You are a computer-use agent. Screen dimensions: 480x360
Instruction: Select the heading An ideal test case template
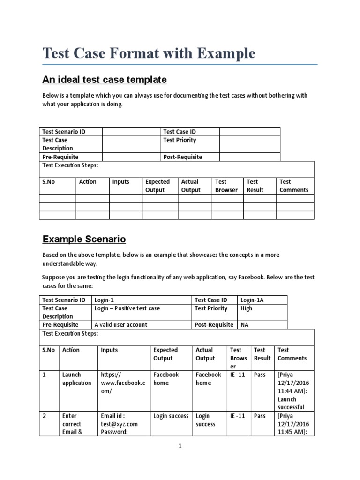105,79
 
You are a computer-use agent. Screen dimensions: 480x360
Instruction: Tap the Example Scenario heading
84,239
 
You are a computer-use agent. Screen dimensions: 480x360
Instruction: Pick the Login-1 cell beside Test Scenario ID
104,300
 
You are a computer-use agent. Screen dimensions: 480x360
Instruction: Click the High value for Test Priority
246,308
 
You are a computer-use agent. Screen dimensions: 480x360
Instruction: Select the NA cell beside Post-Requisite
245,325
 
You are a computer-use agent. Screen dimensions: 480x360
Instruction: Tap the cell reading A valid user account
120,325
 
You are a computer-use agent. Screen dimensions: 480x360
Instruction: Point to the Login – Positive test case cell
127,308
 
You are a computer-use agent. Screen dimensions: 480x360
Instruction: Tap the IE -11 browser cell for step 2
238,416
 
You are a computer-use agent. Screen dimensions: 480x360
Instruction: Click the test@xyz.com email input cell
119,424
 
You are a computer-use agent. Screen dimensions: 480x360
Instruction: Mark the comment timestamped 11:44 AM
293,391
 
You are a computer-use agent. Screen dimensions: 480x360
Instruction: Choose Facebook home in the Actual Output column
208,379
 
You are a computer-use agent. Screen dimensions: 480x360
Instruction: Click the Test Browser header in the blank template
226,186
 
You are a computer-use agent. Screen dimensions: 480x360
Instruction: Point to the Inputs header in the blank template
120,182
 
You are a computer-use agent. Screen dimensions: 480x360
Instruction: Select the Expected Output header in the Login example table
165,354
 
